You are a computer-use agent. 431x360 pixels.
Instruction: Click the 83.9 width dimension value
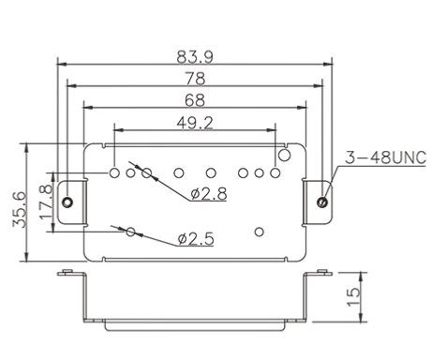195,57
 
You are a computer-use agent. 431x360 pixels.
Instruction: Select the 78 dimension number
195,79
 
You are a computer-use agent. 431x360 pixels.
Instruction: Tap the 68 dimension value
195,100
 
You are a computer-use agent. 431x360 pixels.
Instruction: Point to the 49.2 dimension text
195,123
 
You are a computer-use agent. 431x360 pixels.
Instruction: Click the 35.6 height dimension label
20,209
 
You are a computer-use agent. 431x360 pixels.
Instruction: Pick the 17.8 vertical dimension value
46,202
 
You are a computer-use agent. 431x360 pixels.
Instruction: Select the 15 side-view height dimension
353,297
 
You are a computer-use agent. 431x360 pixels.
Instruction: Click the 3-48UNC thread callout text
385,157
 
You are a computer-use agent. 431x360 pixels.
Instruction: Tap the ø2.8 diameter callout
209,194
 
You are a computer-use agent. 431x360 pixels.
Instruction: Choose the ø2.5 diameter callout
196,239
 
